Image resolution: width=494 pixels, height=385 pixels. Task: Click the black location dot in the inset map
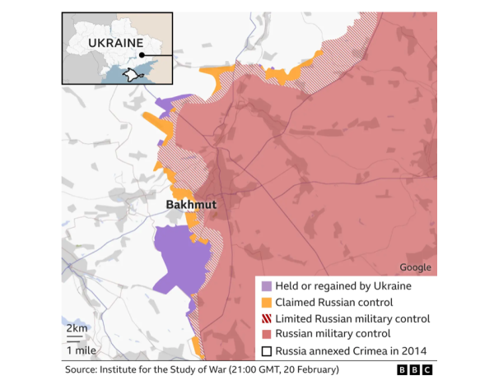[142, 56]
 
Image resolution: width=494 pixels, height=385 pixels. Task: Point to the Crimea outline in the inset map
[129, 75]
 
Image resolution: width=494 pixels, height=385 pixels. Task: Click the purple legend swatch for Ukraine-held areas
[265, 286]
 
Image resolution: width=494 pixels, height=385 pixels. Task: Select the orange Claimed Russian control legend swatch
[265, 302]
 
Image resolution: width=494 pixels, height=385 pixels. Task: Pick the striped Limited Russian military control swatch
[265, 318]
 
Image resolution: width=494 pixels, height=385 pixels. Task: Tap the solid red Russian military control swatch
[265, 334]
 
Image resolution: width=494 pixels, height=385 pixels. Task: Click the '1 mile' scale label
[79, 350]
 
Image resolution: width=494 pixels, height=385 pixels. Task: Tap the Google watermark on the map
[415, 267]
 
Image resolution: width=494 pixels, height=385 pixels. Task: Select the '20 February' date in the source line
[316, 371]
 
